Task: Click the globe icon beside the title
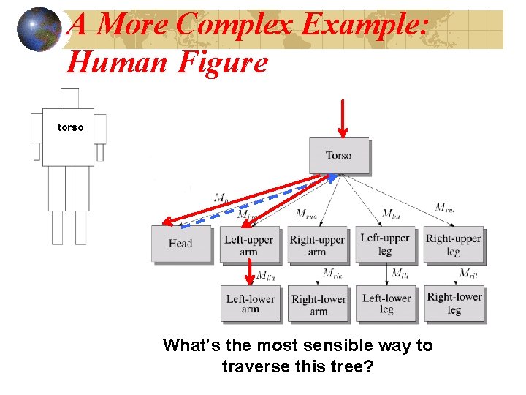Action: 39,29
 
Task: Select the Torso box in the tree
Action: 338,155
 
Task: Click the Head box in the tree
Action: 180,244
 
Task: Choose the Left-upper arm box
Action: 248,245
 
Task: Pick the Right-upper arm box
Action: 317,245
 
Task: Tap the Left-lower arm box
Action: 250,304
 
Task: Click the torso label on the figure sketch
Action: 71,127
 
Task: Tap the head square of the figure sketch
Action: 69,98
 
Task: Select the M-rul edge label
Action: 445,207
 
